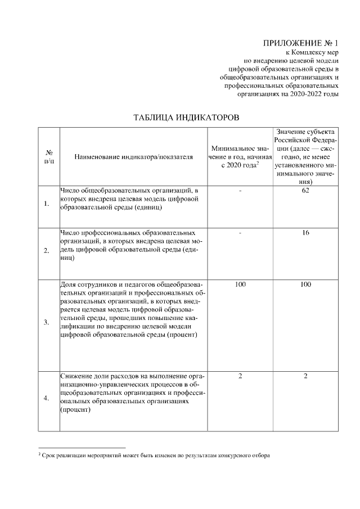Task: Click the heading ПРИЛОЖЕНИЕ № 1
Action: click(x=301, y=43)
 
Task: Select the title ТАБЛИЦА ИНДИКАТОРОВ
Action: click(x=186, y=118)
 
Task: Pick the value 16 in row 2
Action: click(x=305, y=232)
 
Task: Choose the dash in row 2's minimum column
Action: click(x=240, y=232)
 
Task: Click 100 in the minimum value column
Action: click(x=240, y=285)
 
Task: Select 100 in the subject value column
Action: click(x=305, y=285)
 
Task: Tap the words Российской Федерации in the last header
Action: click(x=305, y=139)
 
